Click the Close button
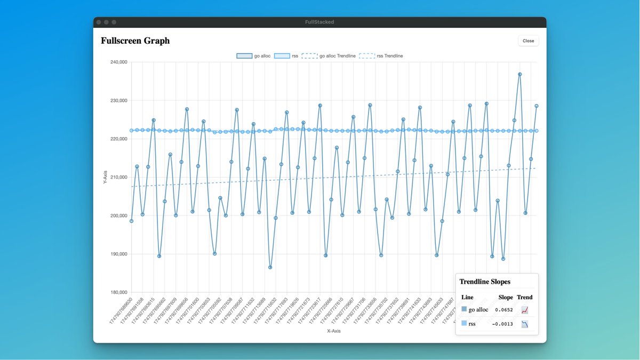coord(528,41)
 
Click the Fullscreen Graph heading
coord(135,41)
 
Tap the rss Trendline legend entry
coord(381,56)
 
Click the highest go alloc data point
coord(519,75)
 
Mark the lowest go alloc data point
coord(270,267)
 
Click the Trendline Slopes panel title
coord(484,282)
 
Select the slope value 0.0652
coord(503,310)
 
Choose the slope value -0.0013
coord(502,324)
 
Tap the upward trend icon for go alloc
coord(525,310)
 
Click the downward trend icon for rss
coord(525,324)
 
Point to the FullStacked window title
coord(319,22)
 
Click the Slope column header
coord(505,297)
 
